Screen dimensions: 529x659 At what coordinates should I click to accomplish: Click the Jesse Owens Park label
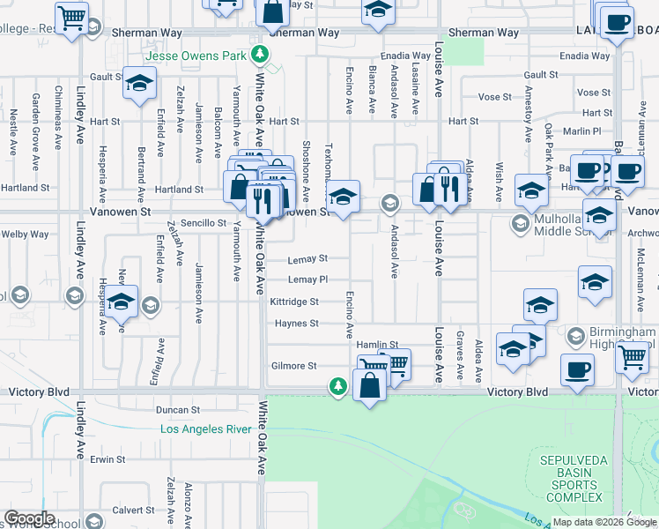click(196, 56)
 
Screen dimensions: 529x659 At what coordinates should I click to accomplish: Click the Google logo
click(29, 518)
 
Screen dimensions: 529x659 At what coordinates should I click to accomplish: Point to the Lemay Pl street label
click(308, 279)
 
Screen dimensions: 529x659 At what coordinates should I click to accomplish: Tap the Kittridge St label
click(294, 302)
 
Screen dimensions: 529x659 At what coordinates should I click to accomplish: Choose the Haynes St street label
click(296, 324)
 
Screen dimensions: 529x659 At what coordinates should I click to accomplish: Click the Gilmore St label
click(294, 366)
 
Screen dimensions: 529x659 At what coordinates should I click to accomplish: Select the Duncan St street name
click(179, 410)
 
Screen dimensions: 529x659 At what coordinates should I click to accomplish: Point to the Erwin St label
click(108, 459)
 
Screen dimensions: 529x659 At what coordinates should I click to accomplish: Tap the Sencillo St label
click(204, 224)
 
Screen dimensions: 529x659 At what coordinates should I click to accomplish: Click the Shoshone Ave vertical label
click(307, 169)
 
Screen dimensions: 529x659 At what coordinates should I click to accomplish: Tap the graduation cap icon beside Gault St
click(139, 83)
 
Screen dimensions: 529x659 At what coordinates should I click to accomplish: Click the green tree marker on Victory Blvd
click(338, 385)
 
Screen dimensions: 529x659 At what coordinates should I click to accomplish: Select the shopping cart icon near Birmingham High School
click(633, 357)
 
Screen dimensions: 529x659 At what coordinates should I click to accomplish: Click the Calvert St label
click(133, 510)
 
